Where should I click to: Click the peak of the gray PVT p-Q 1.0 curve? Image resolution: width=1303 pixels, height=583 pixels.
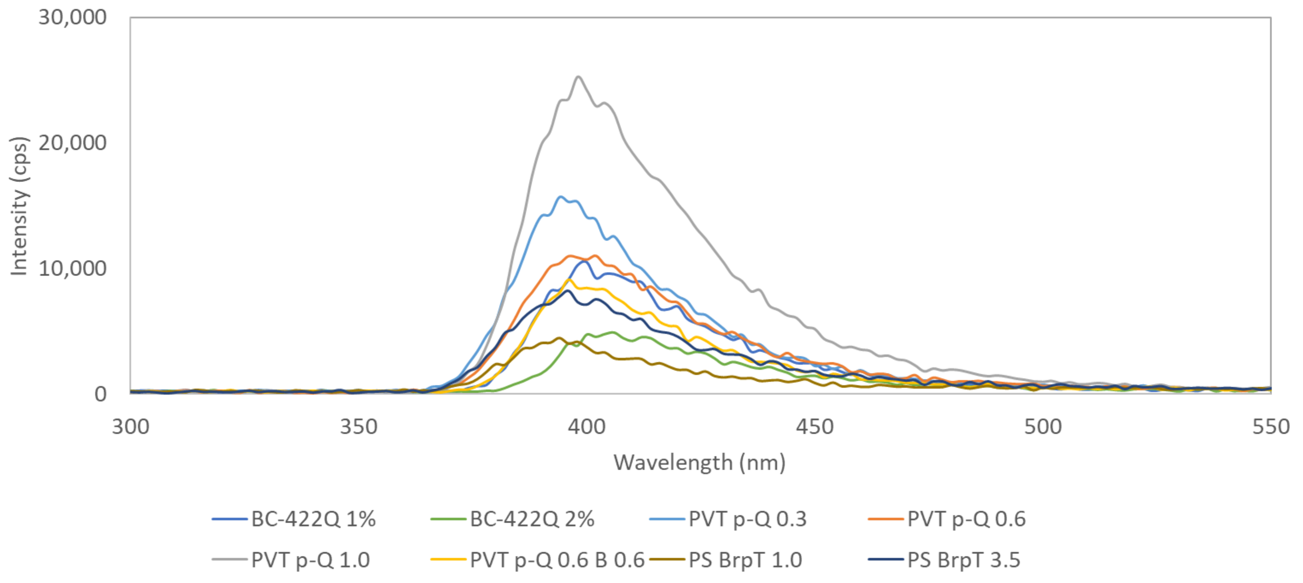point(578,77)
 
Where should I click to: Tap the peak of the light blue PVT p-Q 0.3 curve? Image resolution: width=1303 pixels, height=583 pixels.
point(560,197)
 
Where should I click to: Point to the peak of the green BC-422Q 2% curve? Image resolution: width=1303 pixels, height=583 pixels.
point(613,332)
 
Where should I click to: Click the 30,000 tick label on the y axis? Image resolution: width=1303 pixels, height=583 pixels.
point(72,18)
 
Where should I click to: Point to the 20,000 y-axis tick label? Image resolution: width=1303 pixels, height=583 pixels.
point(72,143)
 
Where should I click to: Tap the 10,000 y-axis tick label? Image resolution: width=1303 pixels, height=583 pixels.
point(72,269)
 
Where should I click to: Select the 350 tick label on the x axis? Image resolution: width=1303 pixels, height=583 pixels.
point(358,427)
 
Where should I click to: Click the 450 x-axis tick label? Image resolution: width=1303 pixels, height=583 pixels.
point(815,427)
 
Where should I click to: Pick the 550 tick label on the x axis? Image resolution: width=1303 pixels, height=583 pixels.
point(1270,427)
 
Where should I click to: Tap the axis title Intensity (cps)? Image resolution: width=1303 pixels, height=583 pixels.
point(19,206)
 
